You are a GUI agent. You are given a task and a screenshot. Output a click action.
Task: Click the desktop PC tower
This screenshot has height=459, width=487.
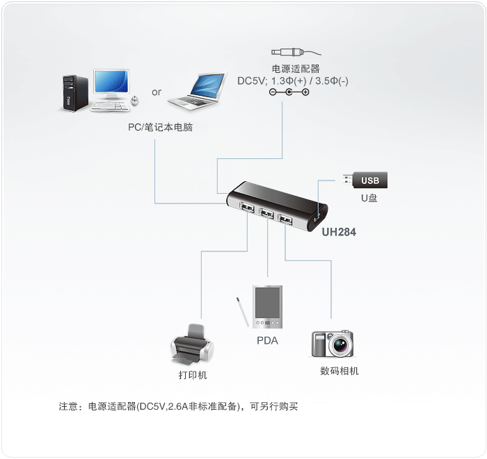75,93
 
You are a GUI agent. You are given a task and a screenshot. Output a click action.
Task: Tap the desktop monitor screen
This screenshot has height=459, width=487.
111,81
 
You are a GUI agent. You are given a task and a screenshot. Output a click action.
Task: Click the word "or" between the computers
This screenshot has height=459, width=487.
157,92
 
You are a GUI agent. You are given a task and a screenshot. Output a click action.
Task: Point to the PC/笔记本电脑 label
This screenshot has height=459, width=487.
160,127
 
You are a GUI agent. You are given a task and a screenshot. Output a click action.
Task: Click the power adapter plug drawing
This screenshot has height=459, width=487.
296,52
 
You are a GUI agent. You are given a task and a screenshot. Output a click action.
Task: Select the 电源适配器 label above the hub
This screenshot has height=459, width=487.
296,69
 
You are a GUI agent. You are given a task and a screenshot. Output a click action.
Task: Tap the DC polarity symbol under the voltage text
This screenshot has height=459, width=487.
289,92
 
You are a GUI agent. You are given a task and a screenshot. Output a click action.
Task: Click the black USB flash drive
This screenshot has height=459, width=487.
365,180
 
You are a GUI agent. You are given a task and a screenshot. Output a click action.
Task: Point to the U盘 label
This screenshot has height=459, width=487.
369,198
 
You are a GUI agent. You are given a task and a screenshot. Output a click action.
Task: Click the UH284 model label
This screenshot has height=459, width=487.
339,232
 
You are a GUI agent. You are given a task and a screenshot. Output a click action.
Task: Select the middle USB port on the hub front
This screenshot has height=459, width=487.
266,213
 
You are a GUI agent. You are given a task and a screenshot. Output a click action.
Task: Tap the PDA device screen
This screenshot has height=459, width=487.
267,302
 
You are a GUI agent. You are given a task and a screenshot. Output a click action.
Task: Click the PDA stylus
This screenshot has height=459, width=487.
243,312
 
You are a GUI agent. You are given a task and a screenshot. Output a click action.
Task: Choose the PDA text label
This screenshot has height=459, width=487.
267,341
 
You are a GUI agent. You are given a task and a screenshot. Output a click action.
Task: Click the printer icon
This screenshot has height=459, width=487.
192,344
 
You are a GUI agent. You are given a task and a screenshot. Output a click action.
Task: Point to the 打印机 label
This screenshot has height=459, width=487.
193,375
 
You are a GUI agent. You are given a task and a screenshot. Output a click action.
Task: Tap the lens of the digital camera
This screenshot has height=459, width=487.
341,344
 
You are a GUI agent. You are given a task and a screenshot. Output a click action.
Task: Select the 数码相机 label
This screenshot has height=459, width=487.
340,371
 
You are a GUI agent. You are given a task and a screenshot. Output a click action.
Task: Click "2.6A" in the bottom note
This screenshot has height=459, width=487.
177,406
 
